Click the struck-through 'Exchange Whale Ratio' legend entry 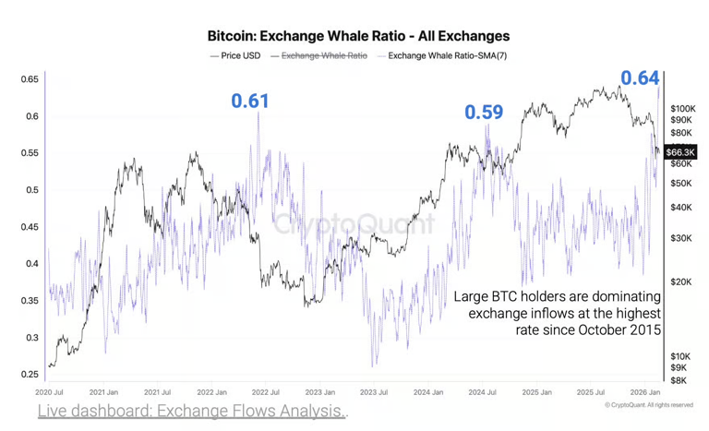coord(324,55)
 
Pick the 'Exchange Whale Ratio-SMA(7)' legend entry coord(448,55)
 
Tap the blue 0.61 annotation coord(250,100)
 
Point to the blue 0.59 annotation coord(484,113)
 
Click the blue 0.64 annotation coord(639,78)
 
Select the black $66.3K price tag coord(680,151)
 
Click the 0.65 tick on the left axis coord(30,79)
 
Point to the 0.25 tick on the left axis coord(30,375)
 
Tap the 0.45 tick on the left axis coord(30,227)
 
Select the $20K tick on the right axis coord(680,281)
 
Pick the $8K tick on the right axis coord(679,380)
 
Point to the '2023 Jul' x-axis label coord(376,392)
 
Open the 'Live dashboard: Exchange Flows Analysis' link coord(192,412)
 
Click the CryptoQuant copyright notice coord(649,405)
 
